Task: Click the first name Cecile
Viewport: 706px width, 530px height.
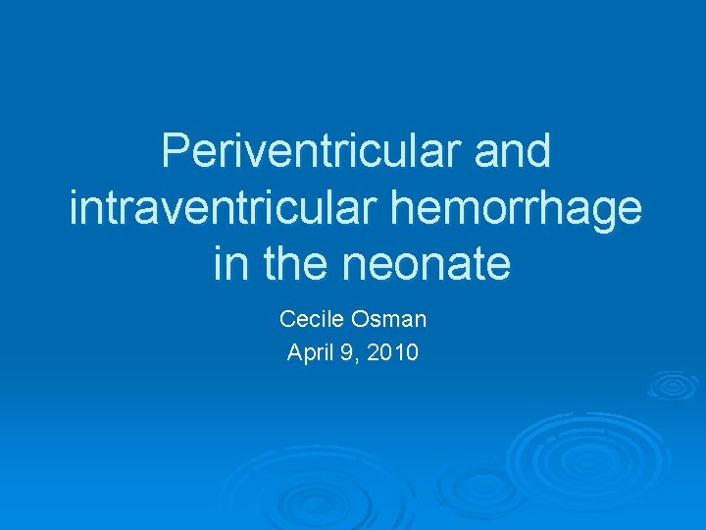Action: click(310, 319)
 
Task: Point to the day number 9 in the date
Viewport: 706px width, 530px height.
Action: click(350, 352)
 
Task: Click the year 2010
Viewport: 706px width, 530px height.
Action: click(392, 352)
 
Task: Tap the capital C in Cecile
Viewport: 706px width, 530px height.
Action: click(287, 319)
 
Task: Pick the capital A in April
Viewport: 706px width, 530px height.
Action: click(294, 352)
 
